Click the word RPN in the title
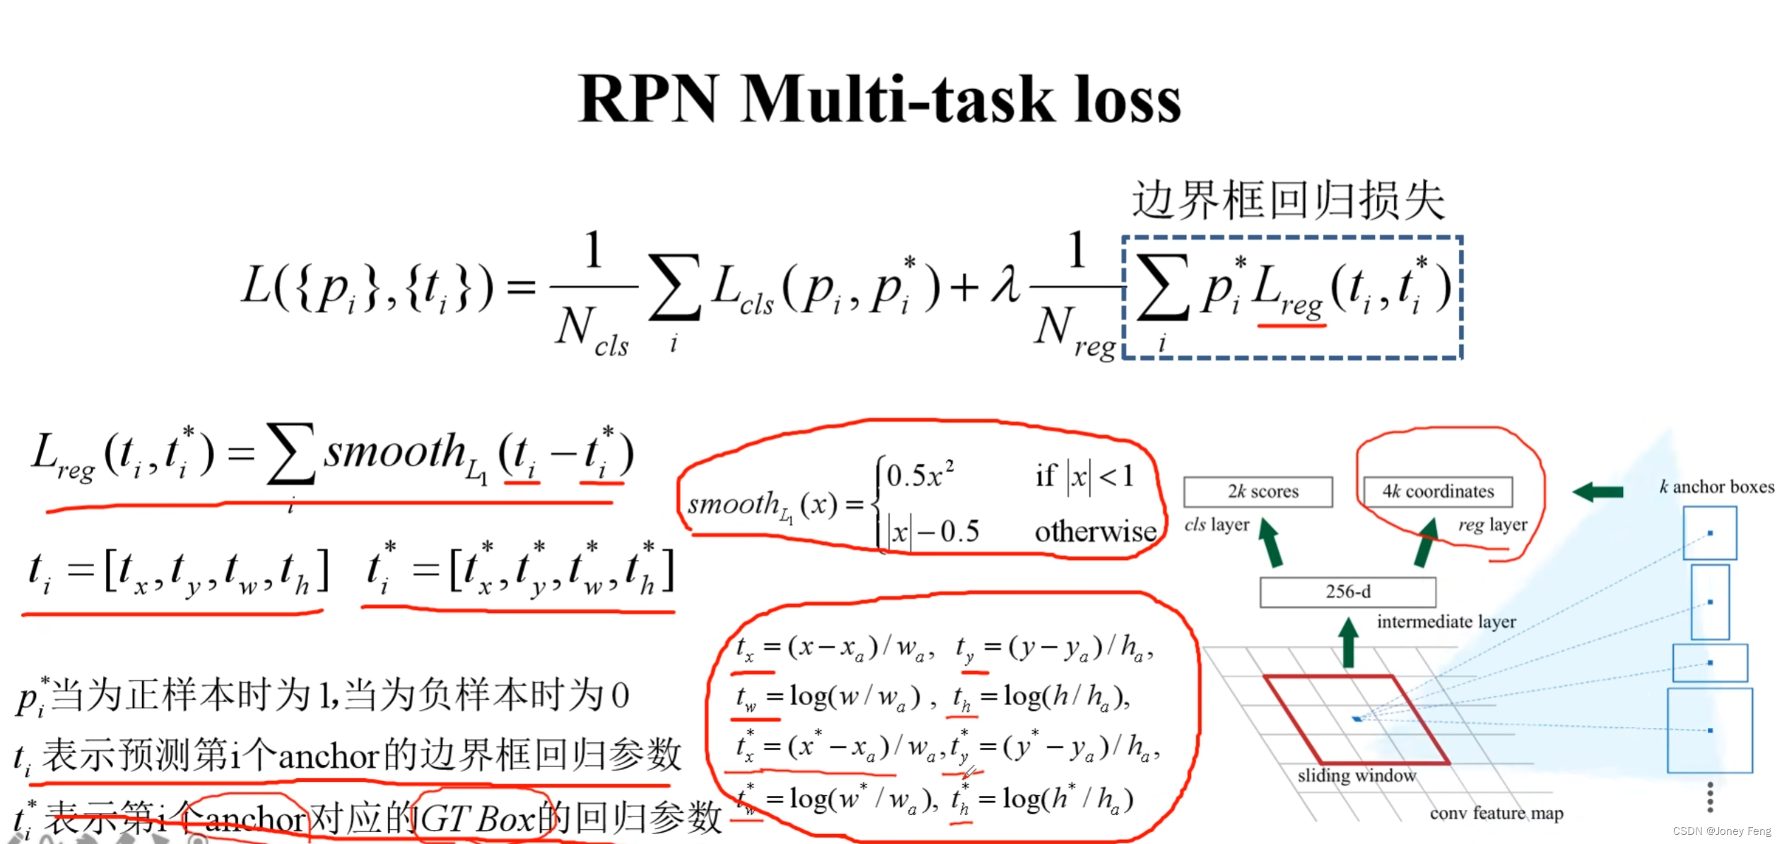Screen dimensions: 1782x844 point(648,100)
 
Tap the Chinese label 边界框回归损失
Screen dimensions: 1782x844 point(1288,200)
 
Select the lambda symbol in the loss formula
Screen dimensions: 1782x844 point(1005,285)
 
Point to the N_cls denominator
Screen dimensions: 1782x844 point(591,329)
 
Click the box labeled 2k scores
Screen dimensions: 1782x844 point(1258,491)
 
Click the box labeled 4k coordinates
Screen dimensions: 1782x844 point(1437,491)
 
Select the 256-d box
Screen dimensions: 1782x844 point(1347,591)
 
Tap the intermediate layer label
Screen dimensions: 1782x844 point(1446,621)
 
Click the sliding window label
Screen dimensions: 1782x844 point(1356,775)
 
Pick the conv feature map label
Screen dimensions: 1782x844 point(1496,813)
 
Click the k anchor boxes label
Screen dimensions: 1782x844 point(1716,486)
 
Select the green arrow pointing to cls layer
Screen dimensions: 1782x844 point(1270,543)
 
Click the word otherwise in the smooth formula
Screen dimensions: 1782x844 point(1095,531)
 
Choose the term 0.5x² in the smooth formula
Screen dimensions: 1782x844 point(920,474)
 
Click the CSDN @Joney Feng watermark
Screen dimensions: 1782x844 point(1721,831)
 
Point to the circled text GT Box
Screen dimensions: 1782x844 point(478,819)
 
